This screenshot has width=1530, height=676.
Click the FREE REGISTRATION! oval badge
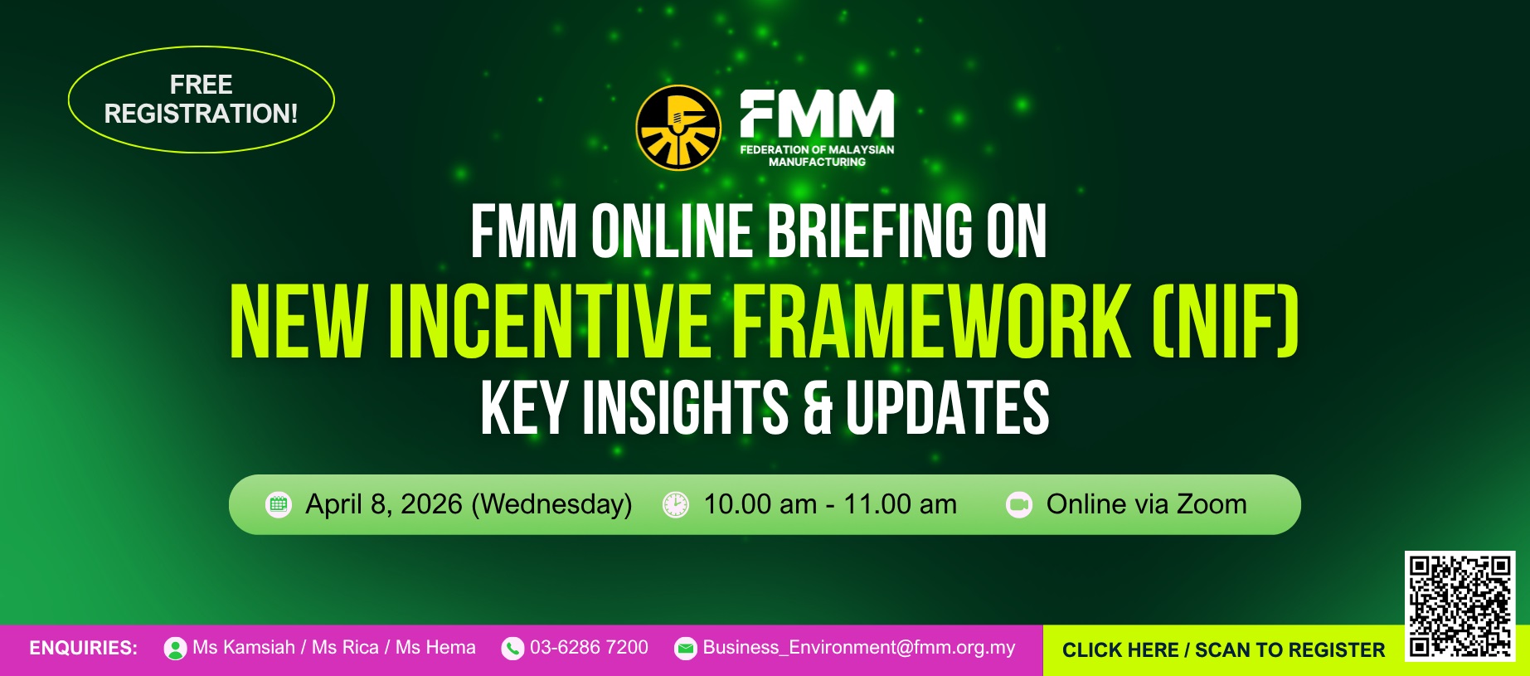click(201, 100)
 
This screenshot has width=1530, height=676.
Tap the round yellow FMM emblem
click(678, 128)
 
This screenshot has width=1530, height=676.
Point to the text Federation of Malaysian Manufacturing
click(817, 156)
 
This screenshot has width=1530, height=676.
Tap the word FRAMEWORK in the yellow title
click(930, 323)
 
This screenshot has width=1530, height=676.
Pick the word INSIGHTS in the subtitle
click(685, 407)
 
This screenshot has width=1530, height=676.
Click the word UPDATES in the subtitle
click(947, 407)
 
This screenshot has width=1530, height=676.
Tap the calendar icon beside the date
click(279, 504)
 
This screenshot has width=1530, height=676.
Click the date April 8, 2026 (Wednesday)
click(469, 504)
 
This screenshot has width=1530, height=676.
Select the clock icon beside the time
click(676, 504)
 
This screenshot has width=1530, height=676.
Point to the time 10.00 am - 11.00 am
click(830, 504)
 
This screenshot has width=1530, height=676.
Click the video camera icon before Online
click(1019, 504)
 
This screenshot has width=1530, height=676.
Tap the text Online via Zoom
click(1146, 504)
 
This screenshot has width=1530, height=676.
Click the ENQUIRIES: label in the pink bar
click(83, 648)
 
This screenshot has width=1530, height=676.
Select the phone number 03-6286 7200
click(589, 648)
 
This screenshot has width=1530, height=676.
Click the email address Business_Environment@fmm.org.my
click(859, 648)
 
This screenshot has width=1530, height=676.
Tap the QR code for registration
click(1460, 605)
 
